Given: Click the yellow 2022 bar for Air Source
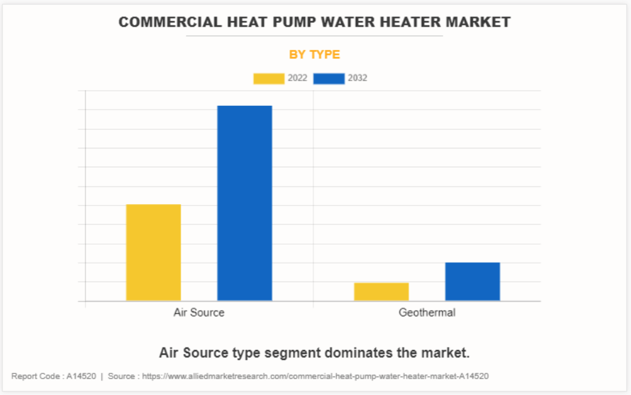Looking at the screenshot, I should click(153, 252).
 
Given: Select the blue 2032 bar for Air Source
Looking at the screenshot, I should click(245, 203).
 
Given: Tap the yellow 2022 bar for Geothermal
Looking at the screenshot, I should click(381, 292).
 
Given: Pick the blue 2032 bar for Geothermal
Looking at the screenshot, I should click(472, 282).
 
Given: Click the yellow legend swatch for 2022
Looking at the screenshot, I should click(269, 79).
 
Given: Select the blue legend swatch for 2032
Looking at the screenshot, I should click(329, 79).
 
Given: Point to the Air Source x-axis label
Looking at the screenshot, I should click(198, 313).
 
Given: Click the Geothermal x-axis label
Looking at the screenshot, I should click(427, 313).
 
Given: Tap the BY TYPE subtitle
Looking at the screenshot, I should click(315, 55).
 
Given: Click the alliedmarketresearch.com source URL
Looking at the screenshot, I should click(315, 376).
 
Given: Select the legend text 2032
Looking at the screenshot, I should click(358, 79).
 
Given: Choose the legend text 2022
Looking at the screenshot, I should click(297, 79).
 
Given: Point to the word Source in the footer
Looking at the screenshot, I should click(121, 376).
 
